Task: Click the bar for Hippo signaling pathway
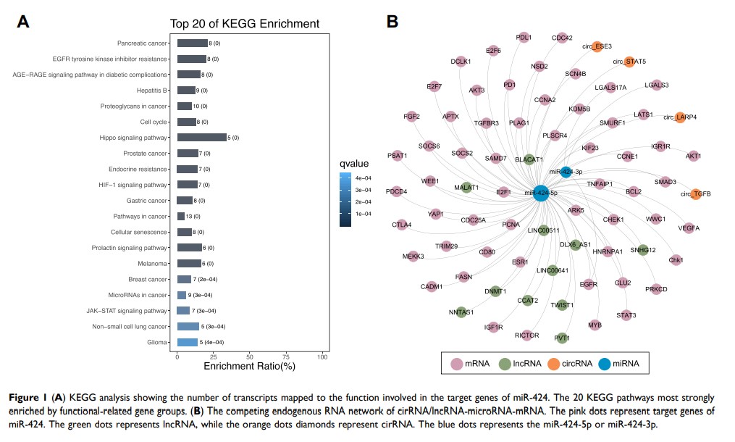coord(201,138)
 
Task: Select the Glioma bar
coord(187,342)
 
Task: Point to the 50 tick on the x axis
coord(251,357)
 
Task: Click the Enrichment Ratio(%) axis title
coord(250,367)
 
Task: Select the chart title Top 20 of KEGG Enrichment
coord(244,24)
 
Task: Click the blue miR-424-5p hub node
coord(541,193)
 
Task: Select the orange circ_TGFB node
coord(696,193)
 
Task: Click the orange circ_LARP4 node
coord(679,116)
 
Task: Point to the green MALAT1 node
coord(466,188)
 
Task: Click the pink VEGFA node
coord(689,228)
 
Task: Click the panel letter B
coord(392,22)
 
